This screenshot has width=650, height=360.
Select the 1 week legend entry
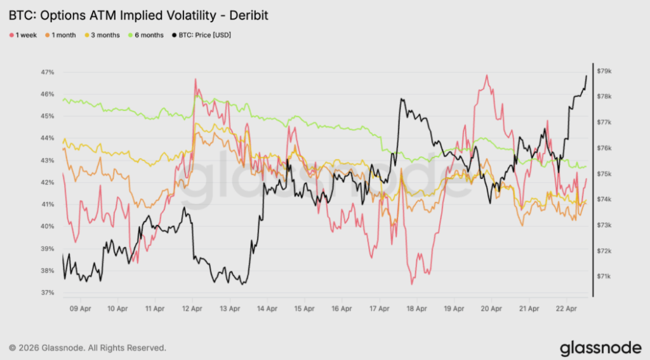point(25,35)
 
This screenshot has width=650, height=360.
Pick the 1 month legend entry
point(62,35)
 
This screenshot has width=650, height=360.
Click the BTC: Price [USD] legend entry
point(201,35)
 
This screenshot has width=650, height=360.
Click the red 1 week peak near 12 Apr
point(196,79)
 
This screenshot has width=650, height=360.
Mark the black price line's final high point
point(586,76)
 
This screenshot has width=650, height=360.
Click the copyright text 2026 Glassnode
point(88,348)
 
